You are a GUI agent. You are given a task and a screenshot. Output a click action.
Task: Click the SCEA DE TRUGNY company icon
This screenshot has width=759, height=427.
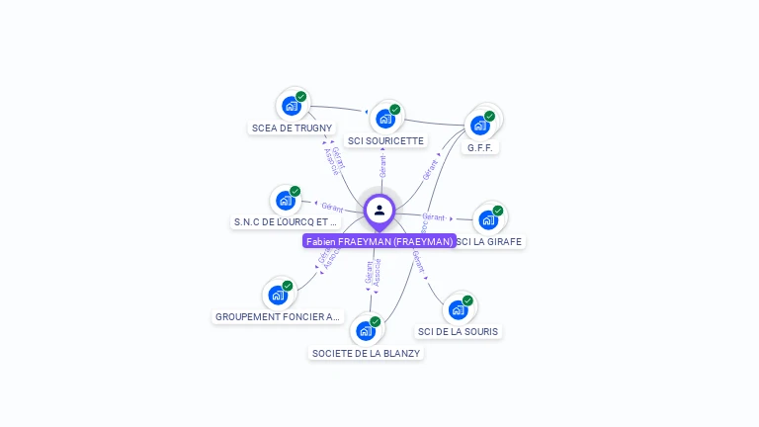coord(292,105)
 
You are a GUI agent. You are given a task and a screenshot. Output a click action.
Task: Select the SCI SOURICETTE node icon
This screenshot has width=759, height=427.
coord(385,118)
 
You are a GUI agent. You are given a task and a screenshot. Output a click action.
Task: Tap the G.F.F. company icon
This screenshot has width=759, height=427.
coord(480,125)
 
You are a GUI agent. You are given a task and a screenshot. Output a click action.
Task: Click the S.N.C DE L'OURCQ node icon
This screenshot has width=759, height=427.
coord(286,201)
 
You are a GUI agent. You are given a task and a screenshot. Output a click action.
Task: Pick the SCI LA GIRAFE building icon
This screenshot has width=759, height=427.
coord(488,219)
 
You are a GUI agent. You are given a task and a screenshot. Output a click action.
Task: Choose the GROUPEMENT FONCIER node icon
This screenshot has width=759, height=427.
coord(278,295)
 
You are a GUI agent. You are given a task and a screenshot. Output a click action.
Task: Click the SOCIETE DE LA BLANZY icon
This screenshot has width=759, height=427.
coord(366,330)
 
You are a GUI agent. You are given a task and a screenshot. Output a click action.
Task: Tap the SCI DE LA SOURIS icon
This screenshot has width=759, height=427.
coord(458,309)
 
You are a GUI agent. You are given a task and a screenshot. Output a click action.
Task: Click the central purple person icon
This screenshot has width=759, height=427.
coord(379,211)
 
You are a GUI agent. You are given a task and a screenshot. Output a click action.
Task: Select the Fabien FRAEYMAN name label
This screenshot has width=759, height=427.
coord(379,241)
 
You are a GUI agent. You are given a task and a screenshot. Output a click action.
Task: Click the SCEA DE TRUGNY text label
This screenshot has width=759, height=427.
coord(293,128)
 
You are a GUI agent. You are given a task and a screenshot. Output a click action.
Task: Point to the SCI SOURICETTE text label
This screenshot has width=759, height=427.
coord(386,140)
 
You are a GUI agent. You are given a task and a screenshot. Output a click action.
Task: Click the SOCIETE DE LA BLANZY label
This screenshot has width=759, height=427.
coord(366,353)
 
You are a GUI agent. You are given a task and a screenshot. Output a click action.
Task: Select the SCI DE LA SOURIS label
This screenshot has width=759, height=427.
coord(458,331)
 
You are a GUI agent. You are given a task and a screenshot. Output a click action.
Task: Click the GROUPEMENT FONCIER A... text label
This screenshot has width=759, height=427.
coord(278,317)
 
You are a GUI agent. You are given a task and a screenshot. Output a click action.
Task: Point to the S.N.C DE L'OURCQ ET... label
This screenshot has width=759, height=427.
coord(285,222)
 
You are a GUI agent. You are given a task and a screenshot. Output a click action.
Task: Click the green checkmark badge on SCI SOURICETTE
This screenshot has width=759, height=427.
coord(395,109)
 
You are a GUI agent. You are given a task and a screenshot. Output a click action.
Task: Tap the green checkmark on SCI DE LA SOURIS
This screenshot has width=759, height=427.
coord(467,300)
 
